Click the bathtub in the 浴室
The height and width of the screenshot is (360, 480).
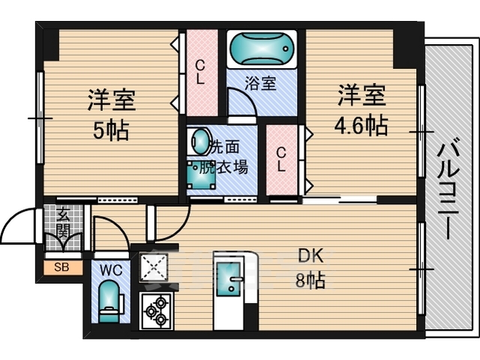pos(262,49)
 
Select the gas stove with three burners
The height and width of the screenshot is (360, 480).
pos(156,310)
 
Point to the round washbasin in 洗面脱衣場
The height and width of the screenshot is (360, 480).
pos(199,142)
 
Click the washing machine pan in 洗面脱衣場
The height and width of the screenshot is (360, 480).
pos(201,175)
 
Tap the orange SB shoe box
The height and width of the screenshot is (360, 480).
pos(63,267)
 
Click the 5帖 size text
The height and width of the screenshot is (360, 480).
pos(111,130)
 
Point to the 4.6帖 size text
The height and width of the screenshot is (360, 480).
pos(361,125)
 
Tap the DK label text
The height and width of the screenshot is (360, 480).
pos(310,256)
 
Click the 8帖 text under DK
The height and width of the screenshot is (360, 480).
pos(310,280)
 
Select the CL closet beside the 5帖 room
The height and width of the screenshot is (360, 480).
pos(201,73)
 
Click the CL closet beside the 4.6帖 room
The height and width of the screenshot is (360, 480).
pos(281,159)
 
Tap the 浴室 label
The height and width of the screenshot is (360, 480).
pos(260,82)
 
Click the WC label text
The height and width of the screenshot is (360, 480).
pos(111,270)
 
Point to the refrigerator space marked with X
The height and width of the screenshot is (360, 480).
pos(154,267)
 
